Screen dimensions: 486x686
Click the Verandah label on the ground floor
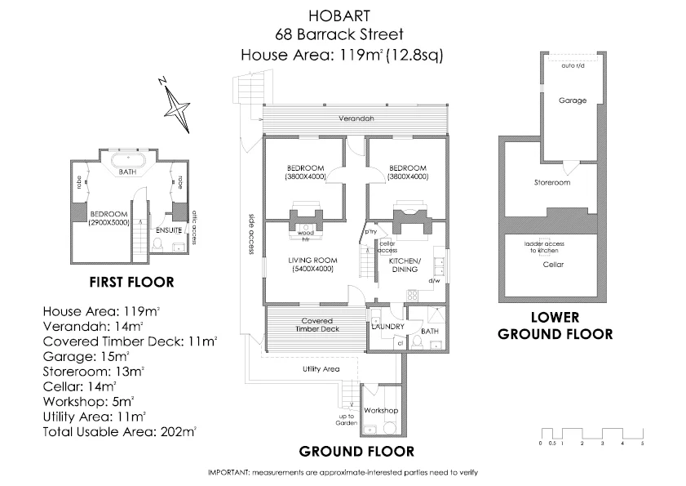point(357,118)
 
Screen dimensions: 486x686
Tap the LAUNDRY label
point(387,327)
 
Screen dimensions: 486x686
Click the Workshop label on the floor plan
point(380,409)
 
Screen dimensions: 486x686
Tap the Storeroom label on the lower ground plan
point(551,182)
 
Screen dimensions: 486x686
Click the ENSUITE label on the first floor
point(167,230)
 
